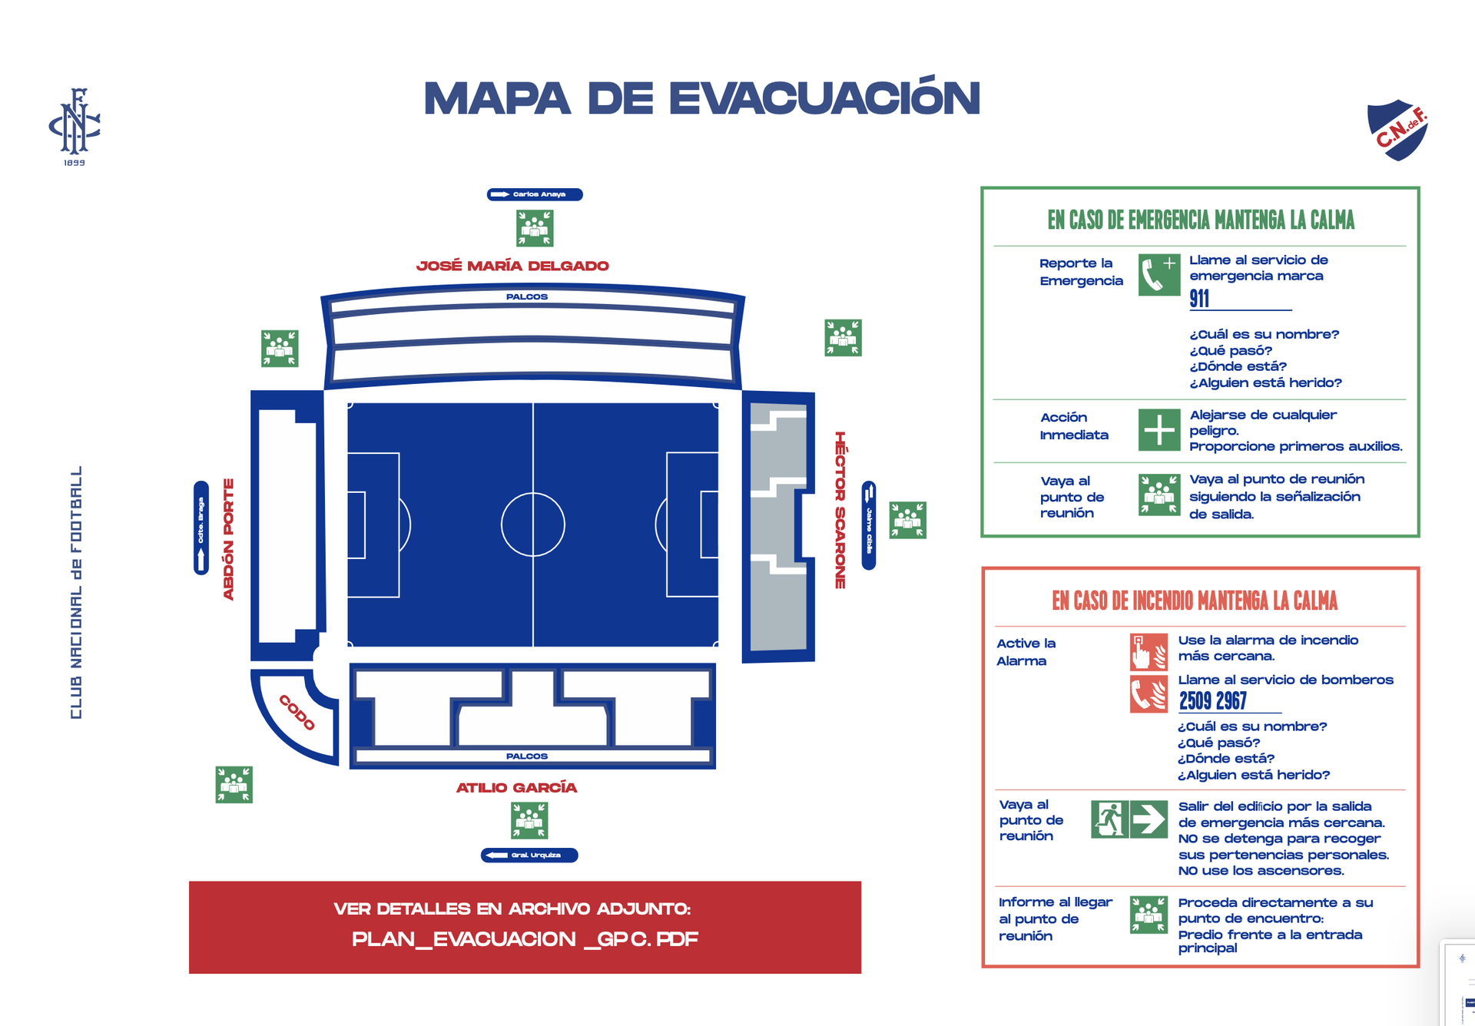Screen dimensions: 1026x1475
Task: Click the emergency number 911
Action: (x=1199, y=299)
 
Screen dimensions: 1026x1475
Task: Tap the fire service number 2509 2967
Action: (x=1213, y=700)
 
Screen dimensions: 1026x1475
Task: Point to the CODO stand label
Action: (x=297, y=713)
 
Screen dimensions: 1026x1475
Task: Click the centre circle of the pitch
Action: (x=533, y=525)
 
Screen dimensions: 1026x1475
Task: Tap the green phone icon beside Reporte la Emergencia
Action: (x=1158, y=275)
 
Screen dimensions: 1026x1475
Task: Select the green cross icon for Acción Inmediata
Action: (x=1158, y=429)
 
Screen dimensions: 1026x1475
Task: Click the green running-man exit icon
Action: (x=1109, y=819)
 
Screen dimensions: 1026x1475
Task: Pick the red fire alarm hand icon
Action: (x=1149, y=652)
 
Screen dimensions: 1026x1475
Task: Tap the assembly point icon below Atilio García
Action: (x=529, y=820)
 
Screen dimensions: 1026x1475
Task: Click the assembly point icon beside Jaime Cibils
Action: (x=907, y=520)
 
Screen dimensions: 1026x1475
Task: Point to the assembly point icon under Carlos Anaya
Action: (x=535, y=228)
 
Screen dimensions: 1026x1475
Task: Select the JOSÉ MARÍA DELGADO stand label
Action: (x=512, y=266)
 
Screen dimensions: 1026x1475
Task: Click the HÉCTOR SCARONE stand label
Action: (x=840, y=510)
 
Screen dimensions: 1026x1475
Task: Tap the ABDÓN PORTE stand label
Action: (x=228, y=539)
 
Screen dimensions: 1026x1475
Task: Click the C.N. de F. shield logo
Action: (x=1397, y=130)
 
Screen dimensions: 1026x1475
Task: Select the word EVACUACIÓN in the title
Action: (x=824, y=98)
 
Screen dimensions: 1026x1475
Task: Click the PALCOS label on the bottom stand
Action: (x=527, y=756)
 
